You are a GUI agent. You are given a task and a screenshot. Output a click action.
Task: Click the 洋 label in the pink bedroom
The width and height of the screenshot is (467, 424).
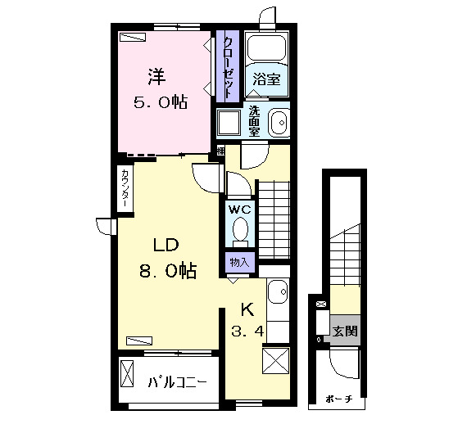(157, 77)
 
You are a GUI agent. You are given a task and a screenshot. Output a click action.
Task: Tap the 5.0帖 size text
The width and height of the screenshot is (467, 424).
(161, 102)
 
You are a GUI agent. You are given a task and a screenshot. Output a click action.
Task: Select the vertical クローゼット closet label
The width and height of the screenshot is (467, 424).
(228, 67)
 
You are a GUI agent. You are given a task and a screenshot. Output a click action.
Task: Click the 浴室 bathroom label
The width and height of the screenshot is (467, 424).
(266, 79)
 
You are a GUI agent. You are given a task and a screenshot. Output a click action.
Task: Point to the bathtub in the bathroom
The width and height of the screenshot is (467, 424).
(266, 48)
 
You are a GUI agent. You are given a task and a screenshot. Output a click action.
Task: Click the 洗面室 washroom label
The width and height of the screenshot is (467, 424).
(254, 121)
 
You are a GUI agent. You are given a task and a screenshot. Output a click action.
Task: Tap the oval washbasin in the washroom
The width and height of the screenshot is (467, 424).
(279, 123)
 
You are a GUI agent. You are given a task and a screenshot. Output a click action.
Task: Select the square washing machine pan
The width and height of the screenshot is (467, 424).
(229, 122)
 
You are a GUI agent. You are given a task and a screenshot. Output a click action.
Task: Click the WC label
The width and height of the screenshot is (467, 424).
(239, 210)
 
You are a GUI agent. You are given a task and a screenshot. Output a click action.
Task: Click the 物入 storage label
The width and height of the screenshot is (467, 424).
(239, 263)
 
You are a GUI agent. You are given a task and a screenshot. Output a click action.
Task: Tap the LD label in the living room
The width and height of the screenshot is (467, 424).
(165, 245)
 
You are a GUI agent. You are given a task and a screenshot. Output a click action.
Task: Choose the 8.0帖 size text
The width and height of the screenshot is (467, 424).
(167, 271)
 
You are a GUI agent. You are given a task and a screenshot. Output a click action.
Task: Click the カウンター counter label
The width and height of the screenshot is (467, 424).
(125, 188)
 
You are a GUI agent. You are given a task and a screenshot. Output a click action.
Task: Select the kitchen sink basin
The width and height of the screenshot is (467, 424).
(278, 291)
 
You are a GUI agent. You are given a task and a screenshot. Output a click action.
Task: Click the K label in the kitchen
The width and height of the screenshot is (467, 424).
(247, 309)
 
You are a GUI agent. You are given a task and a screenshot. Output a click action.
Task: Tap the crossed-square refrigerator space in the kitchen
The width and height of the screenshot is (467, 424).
(276, 361)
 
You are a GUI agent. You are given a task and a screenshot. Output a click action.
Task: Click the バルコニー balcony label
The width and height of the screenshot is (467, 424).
(177, 382)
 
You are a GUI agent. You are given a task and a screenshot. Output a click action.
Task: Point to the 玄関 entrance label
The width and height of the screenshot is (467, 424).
(345, 331)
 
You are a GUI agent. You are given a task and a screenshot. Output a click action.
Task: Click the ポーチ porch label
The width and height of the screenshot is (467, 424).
(339, 399)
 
